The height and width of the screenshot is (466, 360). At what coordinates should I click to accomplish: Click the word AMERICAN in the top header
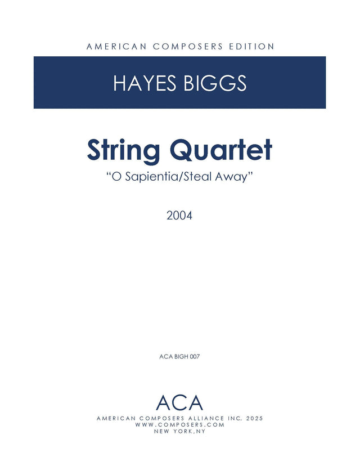tap(116, 47)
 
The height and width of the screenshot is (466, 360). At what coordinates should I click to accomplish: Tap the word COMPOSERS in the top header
tap(188, 47)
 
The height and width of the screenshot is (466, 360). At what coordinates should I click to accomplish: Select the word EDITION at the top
tap(251, 47)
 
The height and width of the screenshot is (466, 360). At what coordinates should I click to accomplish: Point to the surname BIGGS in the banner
tap(215, 83)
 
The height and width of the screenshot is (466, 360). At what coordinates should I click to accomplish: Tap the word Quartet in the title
tap(221, 150)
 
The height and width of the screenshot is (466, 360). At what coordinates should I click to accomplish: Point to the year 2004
tap(179, 216)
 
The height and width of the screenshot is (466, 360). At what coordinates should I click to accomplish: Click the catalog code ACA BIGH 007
tap(179, 357)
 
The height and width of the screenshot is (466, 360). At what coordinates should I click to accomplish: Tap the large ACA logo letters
tap(179, 403)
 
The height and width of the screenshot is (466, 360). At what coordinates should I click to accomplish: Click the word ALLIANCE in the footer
tap(202, 419)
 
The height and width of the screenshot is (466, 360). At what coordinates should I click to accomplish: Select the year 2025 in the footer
tap(255, 419)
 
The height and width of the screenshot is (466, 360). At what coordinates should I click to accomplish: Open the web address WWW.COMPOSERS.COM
tap(179, 425)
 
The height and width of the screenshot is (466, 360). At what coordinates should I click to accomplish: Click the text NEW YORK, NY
tap(179, 431)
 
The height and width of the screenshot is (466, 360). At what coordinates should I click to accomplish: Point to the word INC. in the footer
tap(235, 419)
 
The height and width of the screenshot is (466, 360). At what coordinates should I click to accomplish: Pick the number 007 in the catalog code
tap(195, 357)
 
